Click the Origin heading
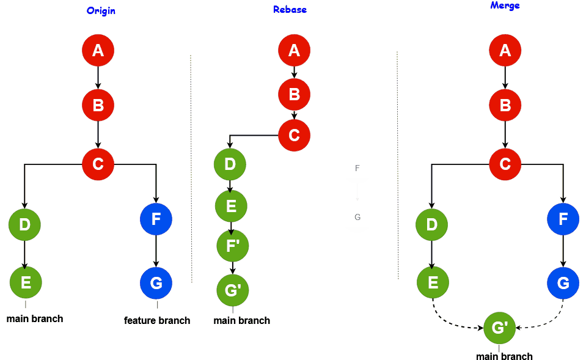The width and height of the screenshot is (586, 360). tap(101, 11)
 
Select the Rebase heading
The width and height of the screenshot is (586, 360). tap(290, 10)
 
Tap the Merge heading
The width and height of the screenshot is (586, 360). tap(505, 6)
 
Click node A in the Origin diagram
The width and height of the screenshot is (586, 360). tap(98, 51)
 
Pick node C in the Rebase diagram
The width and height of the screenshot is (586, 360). tap(294, 135)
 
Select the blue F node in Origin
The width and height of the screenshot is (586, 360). tap(156, 219)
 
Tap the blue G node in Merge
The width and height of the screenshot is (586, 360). tap(563, 283)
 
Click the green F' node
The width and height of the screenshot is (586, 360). tap(233, 246)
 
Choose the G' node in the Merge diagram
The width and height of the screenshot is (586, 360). tap(499, 328)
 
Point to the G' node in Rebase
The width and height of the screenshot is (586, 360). tap(233, 290)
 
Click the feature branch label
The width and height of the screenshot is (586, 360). tap(157, 320)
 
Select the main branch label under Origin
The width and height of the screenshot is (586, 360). tap(35, 318)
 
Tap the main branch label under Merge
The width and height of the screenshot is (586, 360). tap(504, 356)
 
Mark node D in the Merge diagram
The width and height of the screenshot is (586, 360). tap(432, 224)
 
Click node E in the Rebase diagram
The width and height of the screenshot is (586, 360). tap(231, 206)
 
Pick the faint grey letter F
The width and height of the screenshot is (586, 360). tap(357, 168)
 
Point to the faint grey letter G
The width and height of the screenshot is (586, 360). tap(357, 217)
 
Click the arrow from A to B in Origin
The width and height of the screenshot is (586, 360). tap(98, 78)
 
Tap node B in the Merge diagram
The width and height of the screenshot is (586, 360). tap(505, 105)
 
